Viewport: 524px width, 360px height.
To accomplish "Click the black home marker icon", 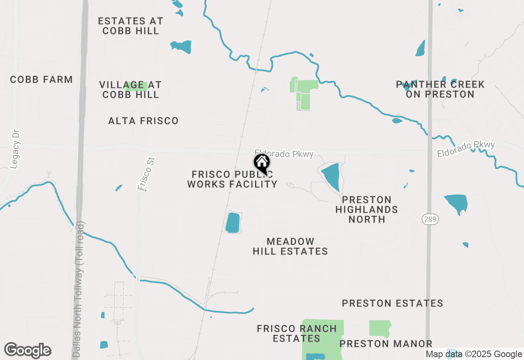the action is (262, 163).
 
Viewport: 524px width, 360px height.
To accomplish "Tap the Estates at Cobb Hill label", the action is (131, 26).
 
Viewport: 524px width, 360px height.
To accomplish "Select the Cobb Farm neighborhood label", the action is (41, 79).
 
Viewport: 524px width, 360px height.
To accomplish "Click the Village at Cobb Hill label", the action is (131, 90).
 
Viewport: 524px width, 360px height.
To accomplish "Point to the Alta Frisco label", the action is (143, 121).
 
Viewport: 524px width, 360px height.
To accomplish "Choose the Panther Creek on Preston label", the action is (440, 89).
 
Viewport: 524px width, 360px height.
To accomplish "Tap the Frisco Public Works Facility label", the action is (232, 179).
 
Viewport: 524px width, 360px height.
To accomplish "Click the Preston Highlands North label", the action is (366, 209).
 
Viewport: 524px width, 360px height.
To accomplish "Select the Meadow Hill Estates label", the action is (290, 246).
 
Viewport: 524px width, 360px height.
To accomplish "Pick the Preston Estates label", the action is (393, 303).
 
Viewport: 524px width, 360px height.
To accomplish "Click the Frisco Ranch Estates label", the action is (297, 333).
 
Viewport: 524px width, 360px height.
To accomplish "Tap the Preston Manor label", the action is (386, 344).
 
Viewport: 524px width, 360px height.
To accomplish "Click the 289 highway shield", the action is (430, 220).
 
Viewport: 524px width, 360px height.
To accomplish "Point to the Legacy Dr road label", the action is (16, 149).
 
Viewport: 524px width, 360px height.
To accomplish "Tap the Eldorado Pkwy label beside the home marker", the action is (284, 153).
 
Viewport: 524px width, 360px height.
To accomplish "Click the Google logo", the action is (28, 350).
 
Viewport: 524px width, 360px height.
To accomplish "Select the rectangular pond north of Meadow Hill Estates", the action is (233, 223).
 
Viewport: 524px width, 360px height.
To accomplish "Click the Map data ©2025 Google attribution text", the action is (474, 354).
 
